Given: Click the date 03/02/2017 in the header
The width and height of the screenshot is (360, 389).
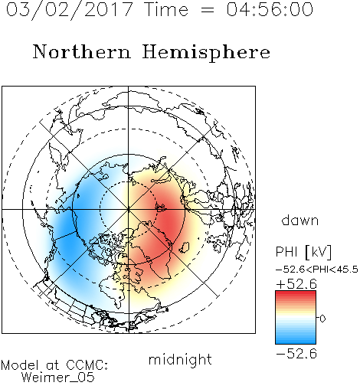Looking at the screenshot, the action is coord(69,10).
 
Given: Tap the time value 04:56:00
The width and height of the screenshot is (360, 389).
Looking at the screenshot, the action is coord(270,9).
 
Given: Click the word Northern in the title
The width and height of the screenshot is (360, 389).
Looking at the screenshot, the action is coord(82,52).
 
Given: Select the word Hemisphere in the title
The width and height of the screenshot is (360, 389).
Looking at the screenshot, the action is coord(206,53).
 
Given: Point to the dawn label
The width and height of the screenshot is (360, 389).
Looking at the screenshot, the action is coord(300,220).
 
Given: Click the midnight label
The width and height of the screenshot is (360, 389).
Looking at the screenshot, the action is coord(180,360).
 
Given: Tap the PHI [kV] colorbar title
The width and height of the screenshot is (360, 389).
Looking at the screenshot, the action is coord(303,252).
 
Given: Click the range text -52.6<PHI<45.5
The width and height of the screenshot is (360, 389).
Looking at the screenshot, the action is coord(317,270).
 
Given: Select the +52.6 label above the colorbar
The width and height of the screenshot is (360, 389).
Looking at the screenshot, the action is coord(296,284).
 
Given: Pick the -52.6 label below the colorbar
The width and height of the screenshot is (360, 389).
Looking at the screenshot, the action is coord(296,354).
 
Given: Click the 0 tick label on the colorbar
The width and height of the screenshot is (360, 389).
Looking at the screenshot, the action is coord(322,319).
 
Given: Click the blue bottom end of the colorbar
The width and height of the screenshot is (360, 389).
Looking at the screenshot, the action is coord(296,342).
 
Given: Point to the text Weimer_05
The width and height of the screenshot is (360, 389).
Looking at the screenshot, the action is coord(58,378).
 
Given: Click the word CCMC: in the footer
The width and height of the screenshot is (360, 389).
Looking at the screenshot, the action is coord(87,365).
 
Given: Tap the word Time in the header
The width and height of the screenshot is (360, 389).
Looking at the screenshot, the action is coord(167,9).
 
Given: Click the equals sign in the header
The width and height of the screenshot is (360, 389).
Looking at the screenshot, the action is coord(208,11).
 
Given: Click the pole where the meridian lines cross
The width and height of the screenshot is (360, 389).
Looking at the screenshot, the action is coord(129,209).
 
